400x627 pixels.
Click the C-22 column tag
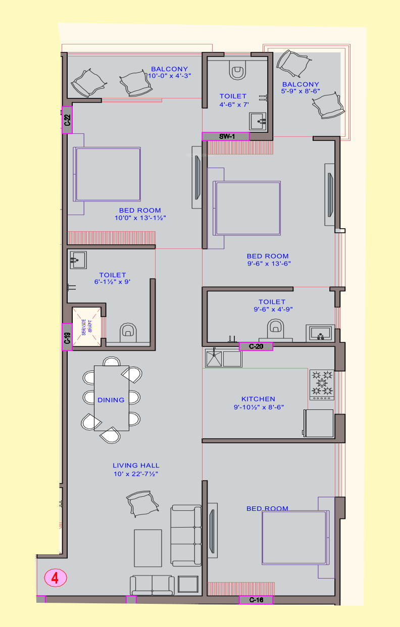point(67,120)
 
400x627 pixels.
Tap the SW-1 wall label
point(226,136)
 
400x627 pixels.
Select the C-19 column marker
point(67,337)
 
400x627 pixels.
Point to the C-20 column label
point(256,346)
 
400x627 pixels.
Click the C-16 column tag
point(256,600)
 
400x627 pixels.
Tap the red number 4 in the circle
point(55,578)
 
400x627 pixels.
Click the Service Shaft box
point(86,327)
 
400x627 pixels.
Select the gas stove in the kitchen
point(322,385)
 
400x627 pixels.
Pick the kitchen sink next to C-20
point(224,358)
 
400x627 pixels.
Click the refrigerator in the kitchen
point(319,423)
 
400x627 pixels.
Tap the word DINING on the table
point(111,400)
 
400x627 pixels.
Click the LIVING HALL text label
point(136,465)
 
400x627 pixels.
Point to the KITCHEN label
point(258,399)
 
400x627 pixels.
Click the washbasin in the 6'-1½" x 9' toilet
point(78,260)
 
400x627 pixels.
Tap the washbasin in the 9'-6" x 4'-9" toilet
point(320,333)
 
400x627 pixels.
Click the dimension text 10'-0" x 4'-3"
point(170,76)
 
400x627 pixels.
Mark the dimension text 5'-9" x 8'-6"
point(301,91)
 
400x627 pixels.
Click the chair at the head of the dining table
point(112,361)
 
